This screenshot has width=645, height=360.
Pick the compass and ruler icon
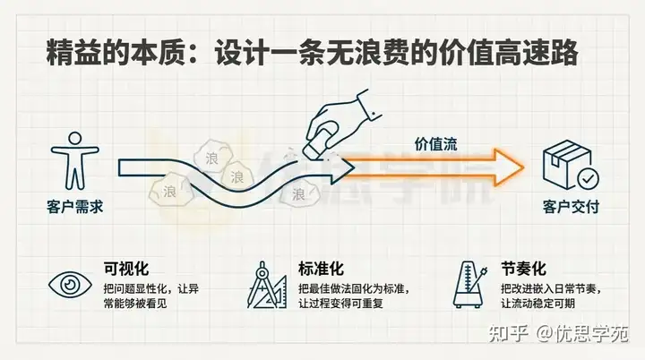coord(266,285)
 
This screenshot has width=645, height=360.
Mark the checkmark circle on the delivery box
coord(587,177)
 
